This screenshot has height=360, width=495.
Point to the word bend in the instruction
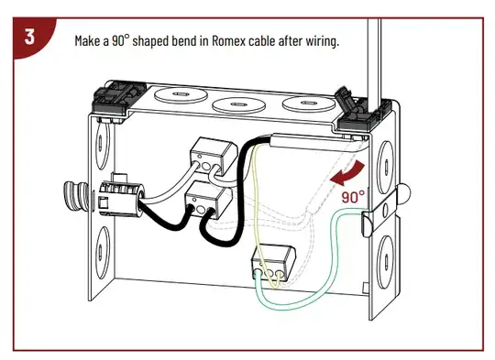click(183, 40)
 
